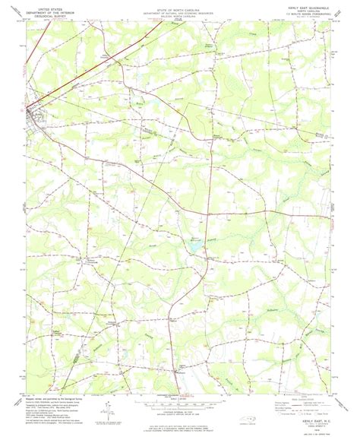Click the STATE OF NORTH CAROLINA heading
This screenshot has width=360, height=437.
click(x=179, y=5)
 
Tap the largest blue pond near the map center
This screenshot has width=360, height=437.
click(x=193, y=246)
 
